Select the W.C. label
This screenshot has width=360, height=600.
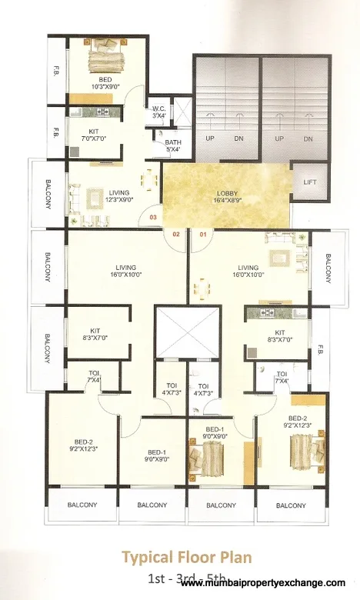(159, 112)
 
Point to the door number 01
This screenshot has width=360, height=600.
(204, 233)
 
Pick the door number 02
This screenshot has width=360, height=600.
(176, 233)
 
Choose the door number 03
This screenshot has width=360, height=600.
(153, 218)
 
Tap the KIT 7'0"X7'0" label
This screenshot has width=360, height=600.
(94, 135)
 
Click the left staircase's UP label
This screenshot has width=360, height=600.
(209, 138)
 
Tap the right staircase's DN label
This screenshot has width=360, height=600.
(307, 138)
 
